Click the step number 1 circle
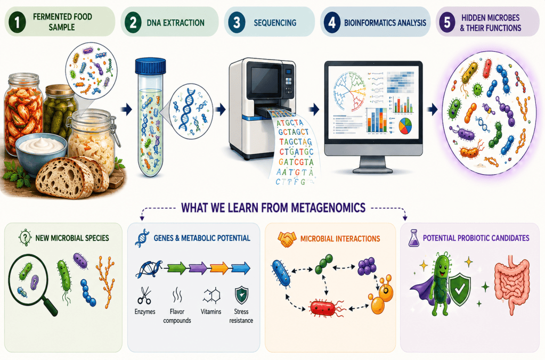[x=17, y=21]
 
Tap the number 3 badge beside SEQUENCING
[x=237, y=22]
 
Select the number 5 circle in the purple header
[x=447, y=22]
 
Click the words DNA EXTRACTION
[x=175, y=23]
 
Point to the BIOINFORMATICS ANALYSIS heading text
[x=385, y=23]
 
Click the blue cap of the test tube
[x=150, y=66]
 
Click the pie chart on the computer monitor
[x=405, y=126]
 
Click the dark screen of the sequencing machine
[x=265, y=79]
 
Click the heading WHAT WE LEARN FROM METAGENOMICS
[x=273, y=208]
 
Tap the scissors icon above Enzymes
[x=144, y=296]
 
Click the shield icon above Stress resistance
[x=241, y=296]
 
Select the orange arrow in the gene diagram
[x=219, y=268]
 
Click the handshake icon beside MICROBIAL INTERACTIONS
[x=287, y=239]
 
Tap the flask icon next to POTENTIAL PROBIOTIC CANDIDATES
[x=413, y=238]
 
